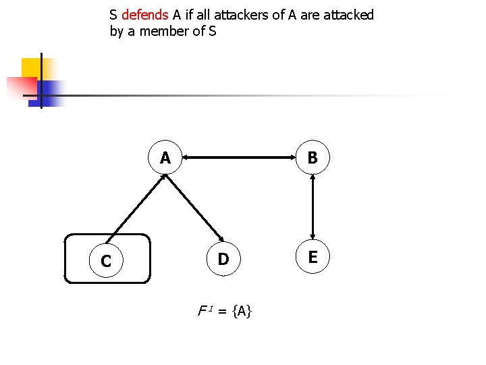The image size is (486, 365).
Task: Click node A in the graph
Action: tap(165, 158)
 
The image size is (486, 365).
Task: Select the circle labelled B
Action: tap(312, 158)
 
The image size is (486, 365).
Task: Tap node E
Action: tap(312, 257)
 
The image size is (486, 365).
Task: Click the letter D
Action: tap(223, 260)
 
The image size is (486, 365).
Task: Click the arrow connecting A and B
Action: tap(238, 158)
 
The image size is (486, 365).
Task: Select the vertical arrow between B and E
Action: tap(312, 208)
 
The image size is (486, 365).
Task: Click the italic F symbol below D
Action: tap(201, 312)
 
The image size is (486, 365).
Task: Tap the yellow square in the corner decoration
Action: tap(31, 68)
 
